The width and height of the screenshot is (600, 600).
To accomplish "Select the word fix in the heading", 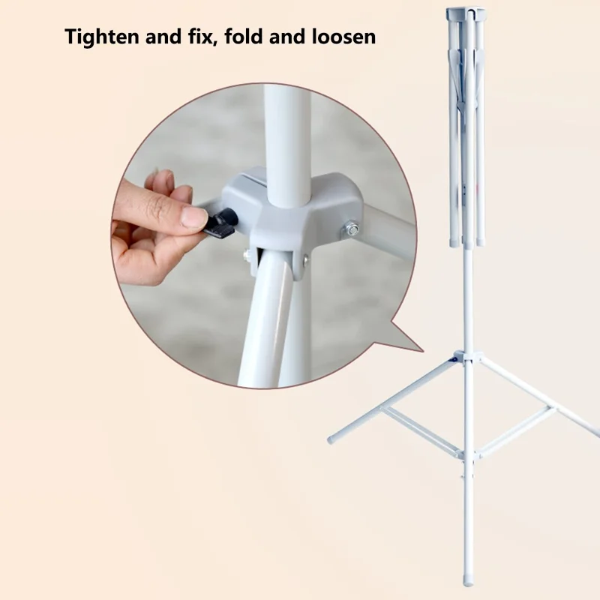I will pyautogui.click(x=206, y=37).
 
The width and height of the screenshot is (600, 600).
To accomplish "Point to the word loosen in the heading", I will pyautogui.click(x=341, y=37).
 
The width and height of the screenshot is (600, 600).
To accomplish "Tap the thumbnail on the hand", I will pyautogui.click(x=193, y=217).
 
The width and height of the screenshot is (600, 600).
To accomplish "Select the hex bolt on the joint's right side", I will pyautogui.click(x=351, y=229).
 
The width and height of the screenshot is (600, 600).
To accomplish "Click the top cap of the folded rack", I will pyautogui.click(x=466, y=13).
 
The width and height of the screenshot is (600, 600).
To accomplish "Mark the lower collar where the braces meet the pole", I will pyautogui.click(x=465, y=454).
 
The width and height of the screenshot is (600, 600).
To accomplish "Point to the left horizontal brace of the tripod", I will pyautogui.click(x=420, y=430).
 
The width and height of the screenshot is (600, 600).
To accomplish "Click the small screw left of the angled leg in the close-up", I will pyautogui.click(x=247, y=256).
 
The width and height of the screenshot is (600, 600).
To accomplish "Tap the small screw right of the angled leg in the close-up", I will pyautogui.click(x=305, y=259).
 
